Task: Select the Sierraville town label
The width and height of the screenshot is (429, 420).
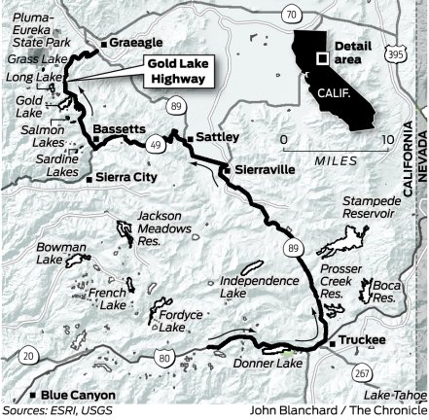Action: point(265,168)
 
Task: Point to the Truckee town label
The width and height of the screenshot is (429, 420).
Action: point(363,339)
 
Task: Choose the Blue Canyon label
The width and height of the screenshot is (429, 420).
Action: point(78,396)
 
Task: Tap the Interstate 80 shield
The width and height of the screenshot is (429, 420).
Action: point(163,360)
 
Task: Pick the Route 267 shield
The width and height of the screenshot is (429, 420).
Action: point(362,373)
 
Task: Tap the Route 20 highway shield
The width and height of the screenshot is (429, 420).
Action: point(28,357)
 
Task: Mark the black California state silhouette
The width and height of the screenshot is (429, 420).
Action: point(337,73)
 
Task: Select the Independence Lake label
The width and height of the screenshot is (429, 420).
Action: point(259,286)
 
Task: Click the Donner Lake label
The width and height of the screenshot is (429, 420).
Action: point(268,364)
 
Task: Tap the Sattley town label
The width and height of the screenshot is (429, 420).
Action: point(216,137)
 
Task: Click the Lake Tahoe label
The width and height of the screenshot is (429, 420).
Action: point(395,396)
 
